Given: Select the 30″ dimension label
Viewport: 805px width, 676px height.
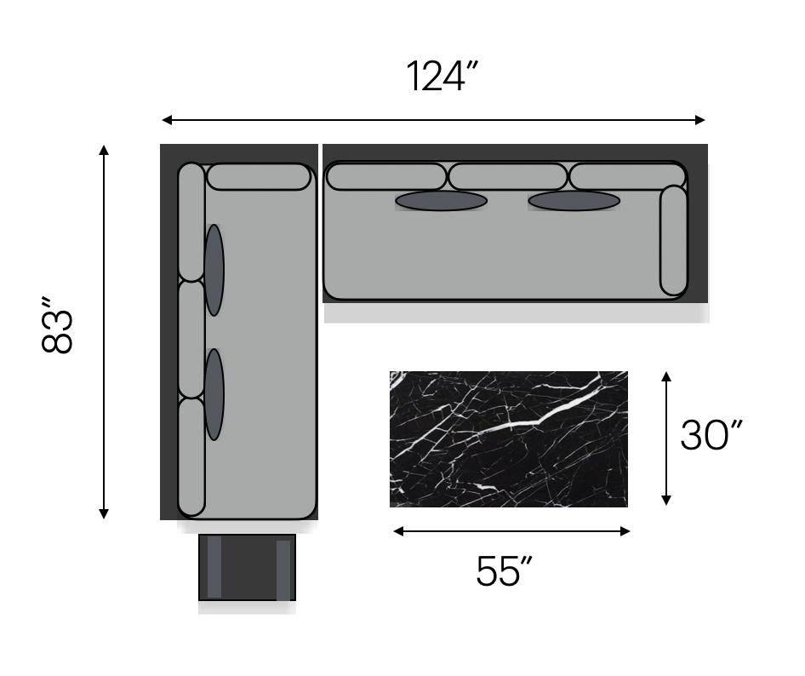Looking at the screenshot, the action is (x=711, y=434).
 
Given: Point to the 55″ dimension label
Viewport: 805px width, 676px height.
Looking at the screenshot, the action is (x=504, y=570).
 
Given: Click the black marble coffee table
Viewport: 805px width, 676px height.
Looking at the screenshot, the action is (x=508, y=438).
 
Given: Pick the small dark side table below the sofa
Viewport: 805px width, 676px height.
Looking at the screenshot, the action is (x=247, y=567).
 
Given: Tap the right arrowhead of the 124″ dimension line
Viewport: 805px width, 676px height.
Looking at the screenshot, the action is (x=699, y=120).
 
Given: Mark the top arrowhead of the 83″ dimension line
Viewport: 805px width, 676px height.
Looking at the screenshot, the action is (x=104, y=150).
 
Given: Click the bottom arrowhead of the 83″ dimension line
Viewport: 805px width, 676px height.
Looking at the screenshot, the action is (x=104, y=513).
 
